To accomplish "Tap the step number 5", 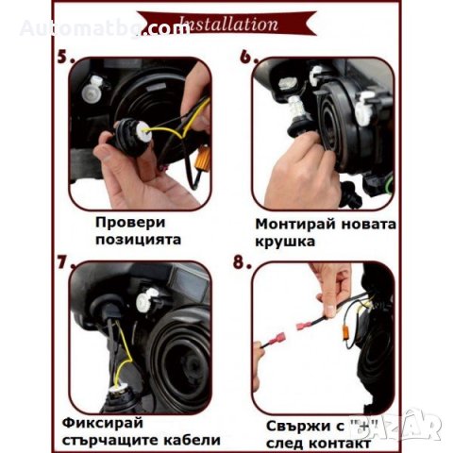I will (64, 56).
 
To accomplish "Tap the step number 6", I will (249, 56).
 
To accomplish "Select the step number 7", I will (64, 261).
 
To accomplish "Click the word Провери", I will (130, 222).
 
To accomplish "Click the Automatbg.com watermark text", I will (104, 28).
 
